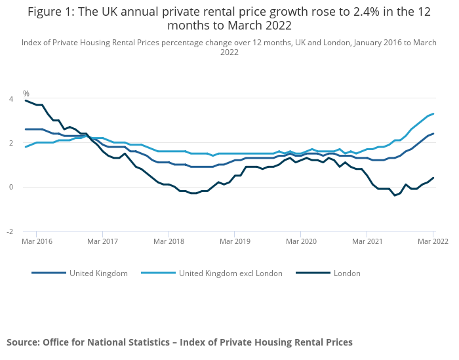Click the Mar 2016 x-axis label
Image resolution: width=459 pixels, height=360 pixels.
(x=36, y=241)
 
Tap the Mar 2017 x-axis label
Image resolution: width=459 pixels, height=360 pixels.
(x=102, y=241)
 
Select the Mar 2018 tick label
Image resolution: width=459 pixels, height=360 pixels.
(x=169, y=241)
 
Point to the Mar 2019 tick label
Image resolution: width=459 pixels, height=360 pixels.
(x=235, y=241)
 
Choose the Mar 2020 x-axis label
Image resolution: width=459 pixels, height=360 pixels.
(x=300, y=241)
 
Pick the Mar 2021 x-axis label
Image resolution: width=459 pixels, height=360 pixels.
(x=367, y=241)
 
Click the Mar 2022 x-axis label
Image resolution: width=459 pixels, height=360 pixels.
(x=432, y=241)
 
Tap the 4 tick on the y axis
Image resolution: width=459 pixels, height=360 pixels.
(x=10, y=99)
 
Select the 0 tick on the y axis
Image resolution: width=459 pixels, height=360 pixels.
(x=10, y=187)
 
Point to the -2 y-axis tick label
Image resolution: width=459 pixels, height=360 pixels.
(x=9, y=231)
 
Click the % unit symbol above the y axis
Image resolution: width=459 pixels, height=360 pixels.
(x=26, y=94)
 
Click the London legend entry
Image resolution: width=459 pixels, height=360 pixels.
(x=347, y=273)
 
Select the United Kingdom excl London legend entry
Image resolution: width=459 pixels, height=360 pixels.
(x=230, y=273)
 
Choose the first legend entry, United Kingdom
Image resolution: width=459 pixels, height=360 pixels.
(x=98, y=273)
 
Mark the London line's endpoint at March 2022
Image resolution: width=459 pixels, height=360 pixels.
(x=433, y=178)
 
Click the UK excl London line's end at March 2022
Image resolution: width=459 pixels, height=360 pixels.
(x=433, y=113)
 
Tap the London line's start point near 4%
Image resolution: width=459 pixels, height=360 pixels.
(x=26, y=100)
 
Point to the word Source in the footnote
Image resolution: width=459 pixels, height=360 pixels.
(x=23, y=342)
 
